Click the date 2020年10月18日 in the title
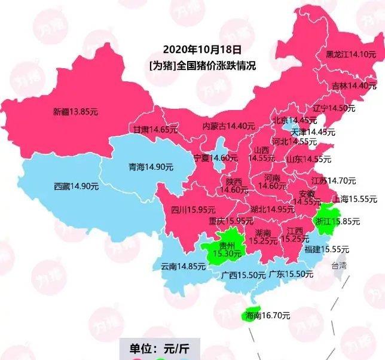[203, 50]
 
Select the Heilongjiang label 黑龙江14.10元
[350, 54]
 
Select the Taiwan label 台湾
[339, 266]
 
